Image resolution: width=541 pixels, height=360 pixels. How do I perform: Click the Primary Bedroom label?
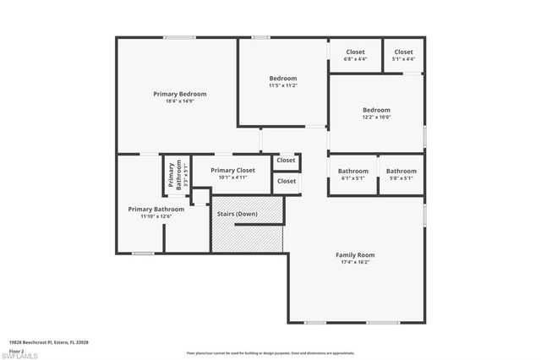pos(179,94)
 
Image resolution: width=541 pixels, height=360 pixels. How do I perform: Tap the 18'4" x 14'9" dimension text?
pos(179,101)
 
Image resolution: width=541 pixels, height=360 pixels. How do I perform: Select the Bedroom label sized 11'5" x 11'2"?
pos(282,79)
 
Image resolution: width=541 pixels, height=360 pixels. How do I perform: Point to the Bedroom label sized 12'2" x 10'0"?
pos(376,110)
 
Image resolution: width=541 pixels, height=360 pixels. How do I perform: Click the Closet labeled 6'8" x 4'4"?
pos(355,52)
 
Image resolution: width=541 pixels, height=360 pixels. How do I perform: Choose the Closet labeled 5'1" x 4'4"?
pos(403,52)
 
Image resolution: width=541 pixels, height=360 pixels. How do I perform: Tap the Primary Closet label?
pos(232,170)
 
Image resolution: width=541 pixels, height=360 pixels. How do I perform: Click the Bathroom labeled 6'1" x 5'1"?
pos(352,171)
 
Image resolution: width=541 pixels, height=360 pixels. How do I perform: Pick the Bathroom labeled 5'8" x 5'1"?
pos(401,171)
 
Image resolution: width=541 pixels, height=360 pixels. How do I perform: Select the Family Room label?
pos(355,254)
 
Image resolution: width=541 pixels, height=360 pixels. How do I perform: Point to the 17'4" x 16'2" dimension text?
pos(355,262)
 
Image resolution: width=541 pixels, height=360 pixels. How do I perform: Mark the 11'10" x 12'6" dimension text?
pos(156,216)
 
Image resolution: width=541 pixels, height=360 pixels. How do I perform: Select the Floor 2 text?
pos(16,349)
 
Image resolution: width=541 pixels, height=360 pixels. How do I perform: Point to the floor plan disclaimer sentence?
pos(270,352)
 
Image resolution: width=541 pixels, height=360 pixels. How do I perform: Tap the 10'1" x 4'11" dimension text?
pos(232,177)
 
